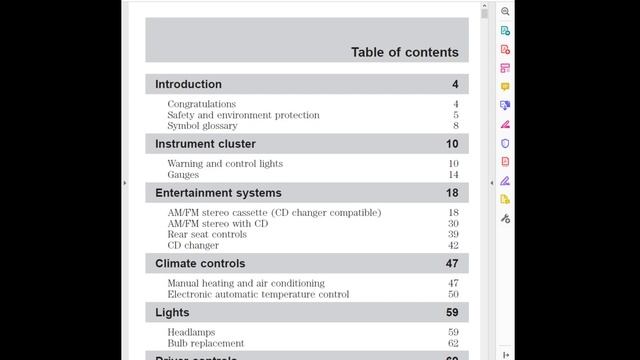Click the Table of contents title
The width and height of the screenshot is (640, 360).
pyautogui.click(x=404, y=52)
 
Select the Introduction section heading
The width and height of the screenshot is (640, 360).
pyautogui.click(x=188, y=84)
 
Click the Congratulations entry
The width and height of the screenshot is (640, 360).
pyautogui.click(x=201, y=104)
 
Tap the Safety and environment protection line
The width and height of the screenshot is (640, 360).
pyautogui.click(x=243, y=115)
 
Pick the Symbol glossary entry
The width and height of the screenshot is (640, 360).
pyautogui.click(x=202, y=126)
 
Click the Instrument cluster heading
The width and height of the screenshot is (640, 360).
pyautogui.click(x=205, y=144)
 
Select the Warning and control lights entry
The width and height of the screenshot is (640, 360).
pyautogui.click(x=225, y=164)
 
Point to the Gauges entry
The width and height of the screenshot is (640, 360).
pyautogui.click(x=183, y=175)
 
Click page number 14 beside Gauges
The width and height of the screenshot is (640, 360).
pyautogui.click(x=453, y=175)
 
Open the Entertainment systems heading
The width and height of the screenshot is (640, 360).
pyautogui.click(x=218, y=193)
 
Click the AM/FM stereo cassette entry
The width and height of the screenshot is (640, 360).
pyautogui.click(x=274, y=213)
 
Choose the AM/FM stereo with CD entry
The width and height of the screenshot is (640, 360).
pyautogui.click(x=217, y=224)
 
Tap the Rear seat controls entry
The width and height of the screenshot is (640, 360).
pyautogui.click(x=207, y=235)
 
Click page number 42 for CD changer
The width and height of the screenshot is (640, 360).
pyautogui.click(x=453, y=246)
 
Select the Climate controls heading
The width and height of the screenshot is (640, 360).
pyautogui.click(x=200, y=264)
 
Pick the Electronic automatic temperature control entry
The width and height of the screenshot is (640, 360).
pyautogui.click(x=258, y=295)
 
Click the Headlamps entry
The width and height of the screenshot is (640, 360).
pyautogui.click(x=191, y=332)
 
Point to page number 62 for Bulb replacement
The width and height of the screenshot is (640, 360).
pyautogui.click(x=453, y=343)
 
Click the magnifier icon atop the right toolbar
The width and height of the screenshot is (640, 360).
pyautogui.click(x=505, y=11)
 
